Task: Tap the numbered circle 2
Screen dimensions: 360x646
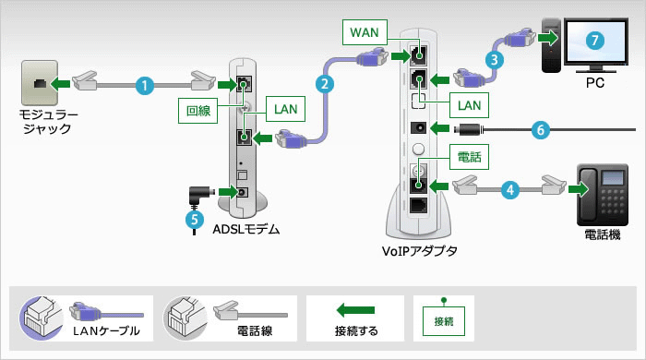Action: [x=324, y=83]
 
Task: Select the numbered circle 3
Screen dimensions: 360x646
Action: [x=496, y=59]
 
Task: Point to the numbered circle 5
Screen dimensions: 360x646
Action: [x=193, y=221]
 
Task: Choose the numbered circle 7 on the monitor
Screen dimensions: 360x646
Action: [x=595, y=41]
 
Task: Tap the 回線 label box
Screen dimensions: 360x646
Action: [x=197, y=111]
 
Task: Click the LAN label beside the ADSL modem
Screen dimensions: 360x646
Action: [x=283, y=108]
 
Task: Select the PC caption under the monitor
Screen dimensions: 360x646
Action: [x=593, y=83]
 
